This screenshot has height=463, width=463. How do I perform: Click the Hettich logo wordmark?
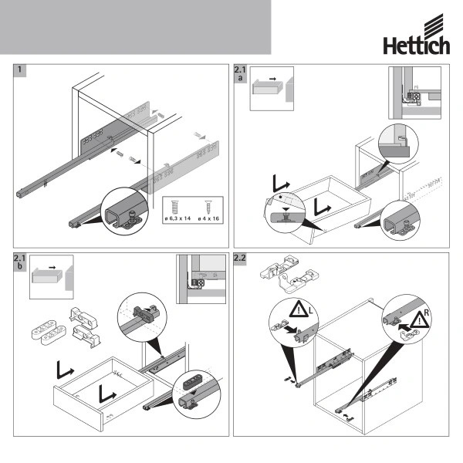[417, 45]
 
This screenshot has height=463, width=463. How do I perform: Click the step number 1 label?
[20, 69]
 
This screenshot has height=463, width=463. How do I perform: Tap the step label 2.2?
[239, 258]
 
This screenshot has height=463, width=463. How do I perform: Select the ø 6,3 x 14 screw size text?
[177, 218]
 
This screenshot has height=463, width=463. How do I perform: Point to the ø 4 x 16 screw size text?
[208, 218]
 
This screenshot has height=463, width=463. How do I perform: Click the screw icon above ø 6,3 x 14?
[175, 208]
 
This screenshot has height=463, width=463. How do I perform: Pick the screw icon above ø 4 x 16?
[208, 206]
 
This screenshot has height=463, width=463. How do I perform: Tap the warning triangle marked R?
[420, 319]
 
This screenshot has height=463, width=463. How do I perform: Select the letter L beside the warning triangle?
[311, 311]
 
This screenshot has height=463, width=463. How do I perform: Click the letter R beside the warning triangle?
[426, 313]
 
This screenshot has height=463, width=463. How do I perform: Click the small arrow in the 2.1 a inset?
[272, 79]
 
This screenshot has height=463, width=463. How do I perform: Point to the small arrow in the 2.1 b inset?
[52, 268]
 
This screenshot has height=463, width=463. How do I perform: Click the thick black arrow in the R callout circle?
[404, 327]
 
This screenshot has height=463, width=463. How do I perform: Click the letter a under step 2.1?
[240, 78]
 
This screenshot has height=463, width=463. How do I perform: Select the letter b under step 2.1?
[19, 266]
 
